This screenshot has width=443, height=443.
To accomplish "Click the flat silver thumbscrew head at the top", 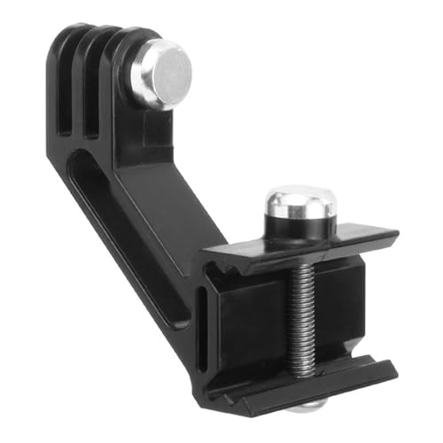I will click(161, 73).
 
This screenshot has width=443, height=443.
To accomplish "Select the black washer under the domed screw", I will click(299, 232).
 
